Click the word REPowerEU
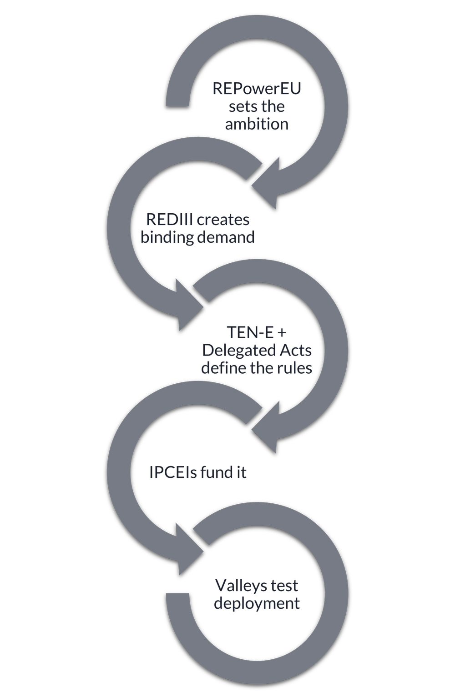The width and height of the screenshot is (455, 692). click(x=257, y=89)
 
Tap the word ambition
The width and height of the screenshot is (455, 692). click(x=257, y=124)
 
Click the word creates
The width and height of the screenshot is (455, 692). click(x=223, y=220)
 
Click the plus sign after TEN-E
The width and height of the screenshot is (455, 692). click(x=282, y=333)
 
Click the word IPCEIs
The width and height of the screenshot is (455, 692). click(x=173, y=472)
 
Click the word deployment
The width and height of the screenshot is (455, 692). click(x=257, y=603)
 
